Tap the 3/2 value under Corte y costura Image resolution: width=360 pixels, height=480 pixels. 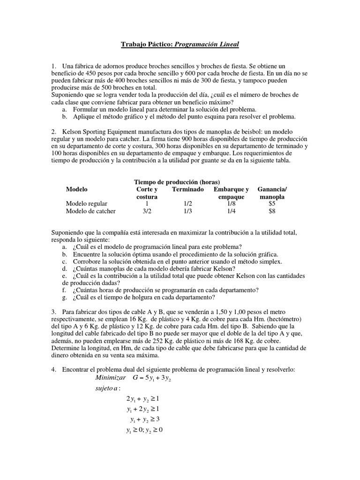(x=147, y=211)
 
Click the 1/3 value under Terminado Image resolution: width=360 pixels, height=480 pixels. (x=188, y=211)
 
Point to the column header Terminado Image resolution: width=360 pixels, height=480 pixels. (x=188, y=189)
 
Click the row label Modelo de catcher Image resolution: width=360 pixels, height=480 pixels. (x=91, y=211)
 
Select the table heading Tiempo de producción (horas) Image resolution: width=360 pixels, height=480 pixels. (x=177, y=182)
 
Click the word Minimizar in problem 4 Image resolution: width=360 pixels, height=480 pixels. (x=110, y=378)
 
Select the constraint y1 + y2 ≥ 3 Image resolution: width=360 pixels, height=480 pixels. (x=145, y=419)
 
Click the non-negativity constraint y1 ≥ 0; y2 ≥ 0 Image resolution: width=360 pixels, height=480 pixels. (x=144, y=430)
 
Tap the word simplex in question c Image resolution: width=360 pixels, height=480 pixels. (x=272, y=262)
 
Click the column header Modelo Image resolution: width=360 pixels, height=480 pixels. (x=77, y=189)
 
